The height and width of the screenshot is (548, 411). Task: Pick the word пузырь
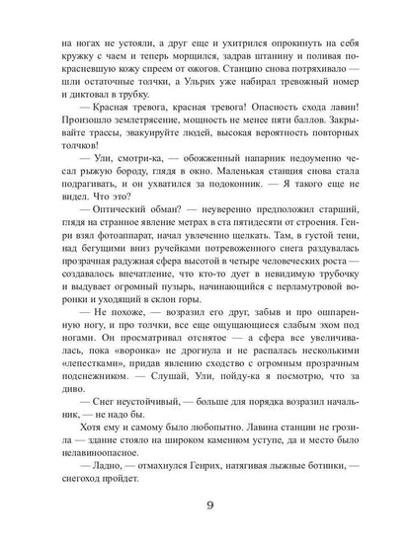tap(194, 324)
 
